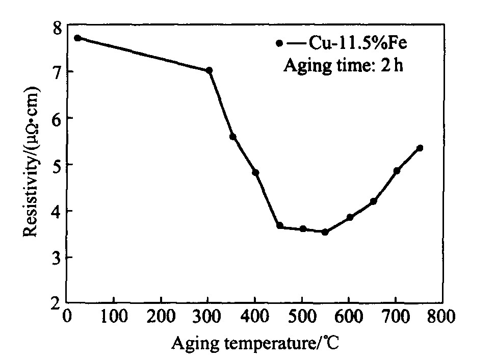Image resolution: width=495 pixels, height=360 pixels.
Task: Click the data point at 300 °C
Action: [x=209, y=70]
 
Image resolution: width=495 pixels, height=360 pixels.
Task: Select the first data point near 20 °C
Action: [x=77, y=38]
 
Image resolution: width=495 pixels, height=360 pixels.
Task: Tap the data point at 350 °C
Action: [x=233, y=137]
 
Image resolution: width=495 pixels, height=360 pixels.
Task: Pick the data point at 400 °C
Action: [x=256, y=172]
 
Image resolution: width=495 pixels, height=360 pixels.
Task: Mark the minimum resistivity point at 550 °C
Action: [x=325, y=232]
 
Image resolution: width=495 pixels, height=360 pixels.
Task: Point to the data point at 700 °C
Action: [x=397, y=171]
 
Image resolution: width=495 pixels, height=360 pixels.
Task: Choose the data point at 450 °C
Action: [x=279, y=225]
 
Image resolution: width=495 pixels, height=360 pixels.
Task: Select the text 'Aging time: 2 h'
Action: [x=343, y=66]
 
